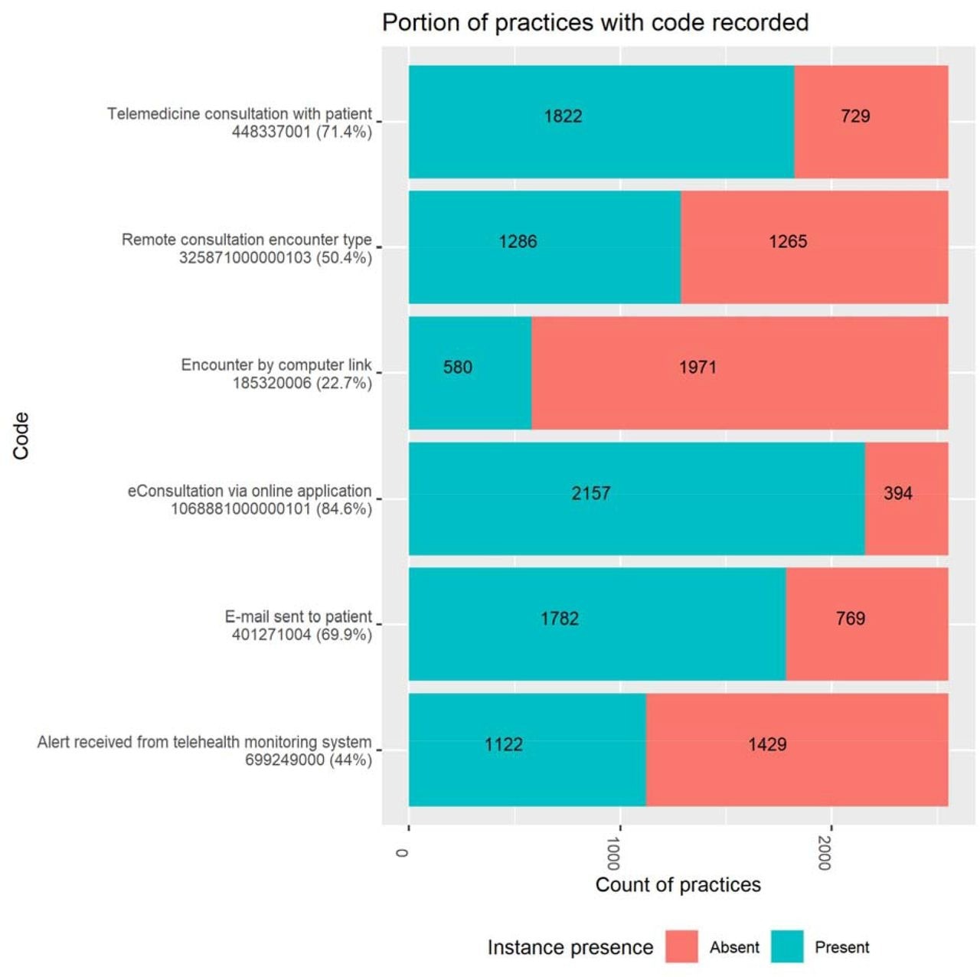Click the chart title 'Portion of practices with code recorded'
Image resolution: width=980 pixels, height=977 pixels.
[x=595, y=22]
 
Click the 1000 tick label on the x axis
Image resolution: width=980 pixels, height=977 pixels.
[x=612, y=853]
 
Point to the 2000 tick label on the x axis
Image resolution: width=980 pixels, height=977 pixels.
[x=824, y=853]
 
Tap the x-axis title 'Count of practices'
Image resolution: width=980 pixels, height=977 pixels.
[x=678, y=885]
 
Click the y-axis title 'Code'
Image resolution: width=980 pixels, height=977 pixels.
[x=21, y=436]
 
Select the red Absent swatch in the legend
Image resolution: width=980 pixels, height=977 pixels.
[x=681, y=946]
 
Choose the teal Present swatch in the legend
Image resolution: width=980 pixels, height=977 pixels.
[x=786, y=946]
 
